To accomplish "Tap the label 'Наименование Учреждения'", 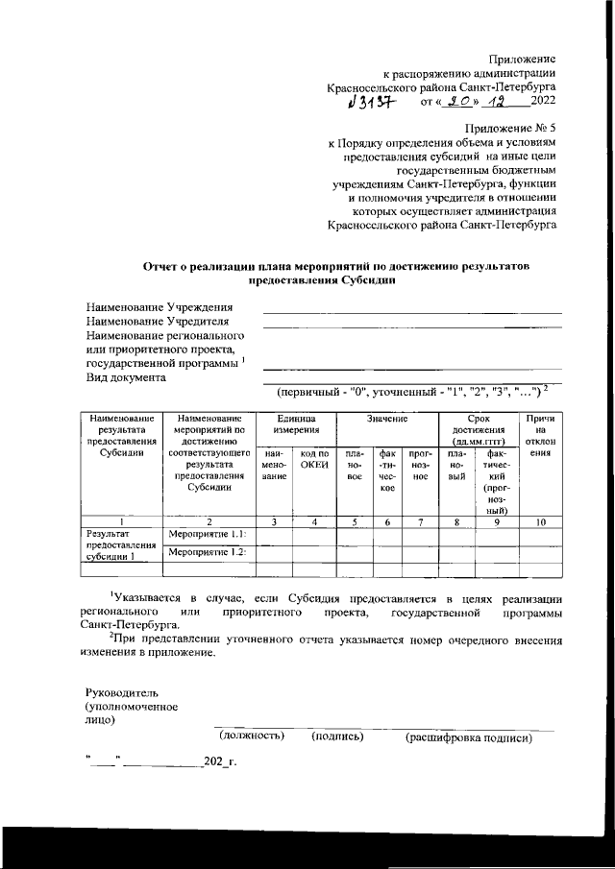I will pos(160,307).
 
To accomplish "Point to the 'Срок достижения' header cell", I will pos(478,426).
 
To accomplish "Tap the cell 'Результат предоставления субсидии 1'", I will pos(120,543).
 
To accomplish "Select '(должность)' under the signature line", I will pos(253,736).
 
